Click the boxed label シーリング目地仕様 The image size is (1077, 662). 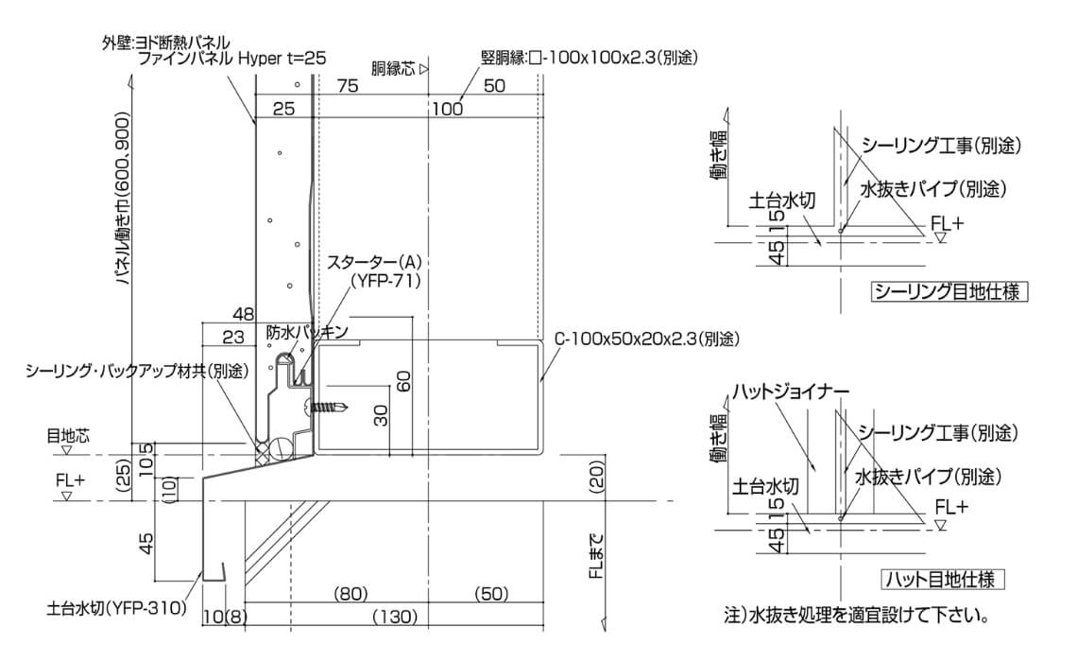(949, 291)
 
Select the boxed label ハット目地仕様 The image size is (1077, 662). (942, 580)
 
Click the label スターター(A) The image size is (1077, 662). (374, 262)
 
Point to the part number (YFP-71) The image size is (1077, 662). (385, 281)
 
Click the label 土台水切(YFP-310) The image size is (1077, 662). (117, 608)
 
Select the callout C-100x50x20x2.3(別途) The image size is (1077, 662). (647, 339)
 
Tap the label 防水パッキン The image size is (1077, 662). (307, 332)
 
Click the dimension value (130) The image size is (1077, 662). (395, 617)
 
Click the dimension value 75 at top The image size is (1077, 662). (348, 85)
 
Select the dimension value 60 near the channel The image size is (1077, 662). (404, 381)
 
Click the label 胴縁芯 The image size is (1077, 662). (394, 69)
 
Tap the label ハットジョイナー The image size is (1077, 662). (791, 392)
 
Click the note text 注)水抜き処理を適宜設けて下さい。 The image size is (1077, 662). (858, 614)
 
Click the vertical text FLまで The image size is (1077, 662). (598, 555)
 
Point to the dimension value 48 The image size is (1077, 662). (243, 315)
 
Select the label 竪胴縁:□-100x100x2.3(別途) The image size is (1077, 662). (590, 58)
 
